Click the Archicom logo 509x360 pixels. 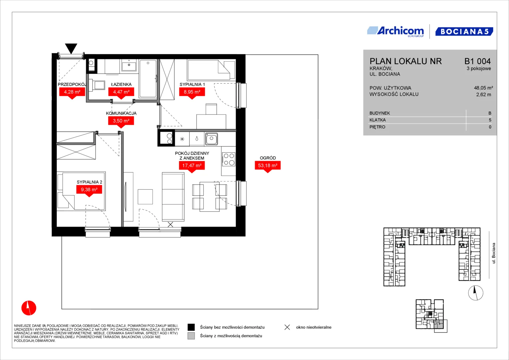click(395, 32)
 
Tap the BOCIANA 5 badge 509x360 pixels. click(464, 31)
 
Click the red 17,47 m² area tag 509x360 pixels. click(192, 167)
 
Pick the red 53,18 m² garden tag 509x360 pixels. click(268, 167)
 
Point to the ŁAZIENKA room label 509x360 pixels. click(121, 84)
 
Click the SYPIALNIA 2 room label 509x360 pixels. click(89, 182)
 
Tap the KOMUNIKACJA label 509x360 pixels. click(121, 113)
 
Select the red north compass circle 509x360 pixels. click(29, 308)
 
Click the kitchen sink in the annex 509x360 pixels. click(212, 139)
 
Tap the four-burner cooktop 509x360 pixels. click(229, 159)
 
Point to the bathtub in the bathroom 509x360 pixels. click(148, 79)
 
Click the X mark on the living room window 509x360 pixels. click(170, 225)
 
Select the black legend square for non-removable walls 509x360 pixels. click(191, 327)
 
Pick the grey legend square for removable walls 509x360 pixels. click(191, 336)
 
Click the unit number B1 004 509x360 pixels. click(477, 61)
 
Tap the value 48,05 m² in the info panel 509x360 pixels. click(483, 88)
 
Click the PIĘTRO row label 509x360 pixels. click(377, 127)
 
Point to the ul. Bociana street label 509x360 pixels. click(494, 253)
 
